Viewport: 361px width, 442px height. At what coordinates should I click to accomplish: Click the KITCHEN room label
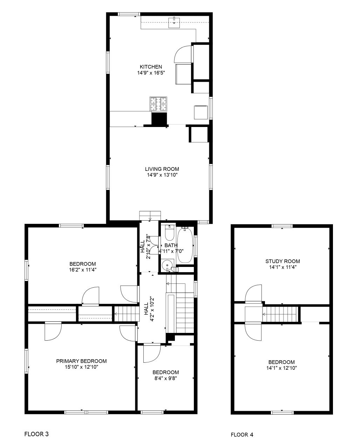pos(151,67)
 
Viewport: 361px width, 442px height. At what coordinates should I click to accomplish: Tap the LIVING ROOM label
pos(162,169)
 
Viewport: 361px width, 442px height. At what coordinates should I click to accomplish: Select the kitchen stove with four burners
pos(158,104)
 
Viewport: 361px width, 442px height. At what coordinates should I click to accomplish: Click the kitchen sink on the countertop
pos(174,23)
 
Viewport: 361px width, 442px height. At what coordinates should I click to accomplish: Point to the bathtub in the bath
pos(185,245)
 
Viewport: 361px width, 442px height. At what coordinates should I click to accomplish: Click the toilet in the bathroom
pos(169,233)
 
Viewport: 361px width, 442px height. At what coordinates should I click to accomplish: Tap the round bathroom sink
pos(167,265)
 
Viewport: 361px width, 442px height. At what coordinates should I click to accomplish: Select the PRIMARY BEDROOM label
pos(81,361)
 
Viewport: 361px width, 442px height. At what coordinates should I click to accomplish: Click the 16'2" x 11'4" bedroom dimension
pos(82,270)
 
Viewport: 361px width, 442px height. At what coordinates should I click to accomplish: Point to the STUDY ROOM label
pos(283,261)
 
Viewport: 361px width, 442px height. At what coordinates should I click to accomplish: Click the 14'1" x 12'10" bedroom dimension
pos(282,368)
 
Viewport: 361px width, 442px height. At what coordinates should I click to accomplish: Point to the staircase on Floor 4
pos(280,314)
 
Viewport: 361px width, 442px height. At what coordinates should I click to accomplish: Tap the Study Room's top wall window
pos(282,226)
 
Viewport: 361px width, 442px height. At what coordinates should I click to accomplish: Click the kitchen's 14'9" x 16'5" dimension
pos(151,73)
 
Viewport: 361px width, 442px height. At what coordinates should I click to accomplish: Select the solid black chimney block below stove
pos(159,119)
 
